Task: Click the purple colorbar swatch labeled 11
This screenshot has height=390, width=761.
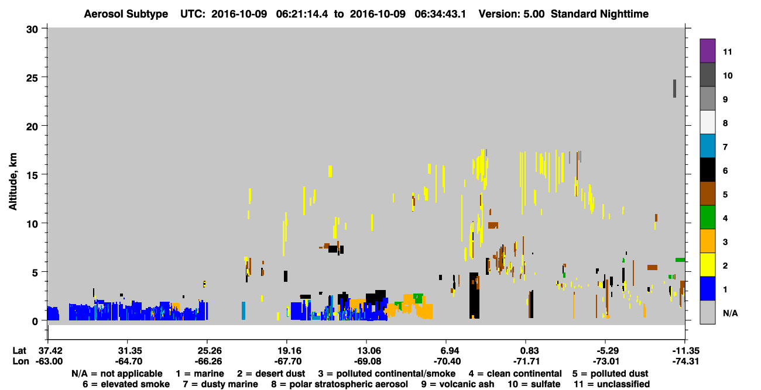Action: (707, 50)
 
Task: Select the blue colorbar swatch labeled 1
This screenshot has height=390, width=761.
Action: (707, 288)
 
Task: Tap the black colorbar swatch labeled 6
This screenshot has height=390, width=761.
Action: (707, 170)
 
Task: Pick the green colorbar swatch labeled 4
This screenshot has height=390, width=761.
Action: (707, 218)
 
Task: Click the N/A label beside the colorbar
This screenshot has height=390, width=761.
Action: (730, 313)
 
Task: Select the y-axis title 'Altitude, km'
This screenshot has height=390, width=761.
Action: (12, 182)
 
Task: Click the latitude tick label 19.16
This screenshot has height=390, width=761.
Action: (287, 350)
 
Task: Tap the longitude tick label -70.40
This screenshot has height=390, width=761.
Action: (447, 361)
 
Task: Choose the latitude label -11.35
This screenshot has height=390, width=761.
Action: (685, 350)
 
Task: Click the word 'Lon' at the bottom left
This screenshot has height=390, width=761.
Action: (20, 361)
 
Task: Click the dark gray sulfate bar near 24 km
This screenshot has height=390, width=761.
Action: (675, 89)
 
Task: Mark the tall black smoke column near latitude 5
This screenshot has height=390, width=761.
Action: (474, 295)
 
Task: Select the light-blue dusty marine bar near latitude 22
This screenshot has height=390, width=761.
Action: (244, 310)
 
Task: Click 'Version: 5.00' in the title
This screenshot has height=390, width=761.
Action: (511, 14)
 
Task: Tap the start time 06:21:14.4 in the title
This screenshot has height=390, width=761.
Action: (302, 14)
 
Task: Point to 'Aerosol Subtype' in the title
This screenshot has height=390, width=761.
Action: (126, 14)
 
